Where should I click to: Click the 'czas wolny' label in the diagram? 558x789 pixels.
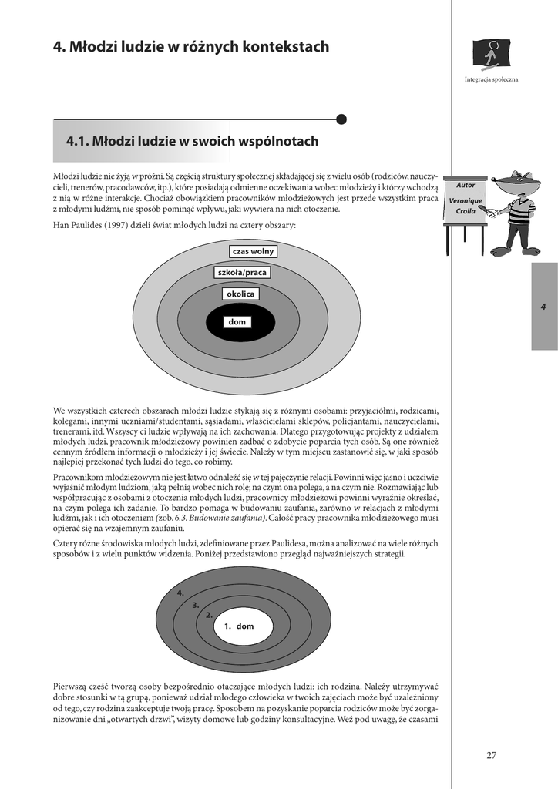tap(253, 251)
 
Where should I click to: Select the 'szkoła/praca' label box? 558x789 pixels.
tap(242, 273)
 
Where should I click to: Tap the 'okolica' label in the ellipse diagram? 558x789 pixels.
tap(240, 294)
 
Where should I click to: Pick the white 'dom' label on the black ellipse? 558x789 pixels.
tap(237, 322)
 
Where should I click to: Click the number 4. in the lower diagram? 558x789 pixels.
tap(180, 593)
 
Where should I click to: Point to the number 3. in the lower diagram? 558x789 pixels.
tap(196, 605)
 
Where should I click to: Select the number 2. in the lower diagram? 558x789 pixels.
tap(209, 615)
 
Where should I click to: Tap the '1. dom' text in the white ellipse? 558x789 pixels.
tap(239, 626)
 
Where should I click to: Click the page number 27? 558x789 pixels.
tap(491, 755)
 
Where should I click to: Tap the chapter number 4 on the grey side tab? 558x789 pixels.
tap(543, 307)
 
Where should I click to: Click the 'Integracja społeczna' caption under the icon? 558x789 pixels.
tap(491, 79)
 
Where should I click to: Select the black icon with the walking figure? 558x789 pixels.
tap(491, 54)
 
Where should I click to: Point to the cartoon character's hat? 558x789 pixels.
tap(517, 183)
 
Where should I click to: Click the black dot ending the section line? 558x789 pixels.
tap(341, 119)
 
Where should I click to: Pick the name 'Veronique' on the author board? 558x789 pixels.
tap(466, 200)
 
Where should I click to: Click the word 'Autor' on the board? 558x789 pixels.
tap(466, 186)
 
